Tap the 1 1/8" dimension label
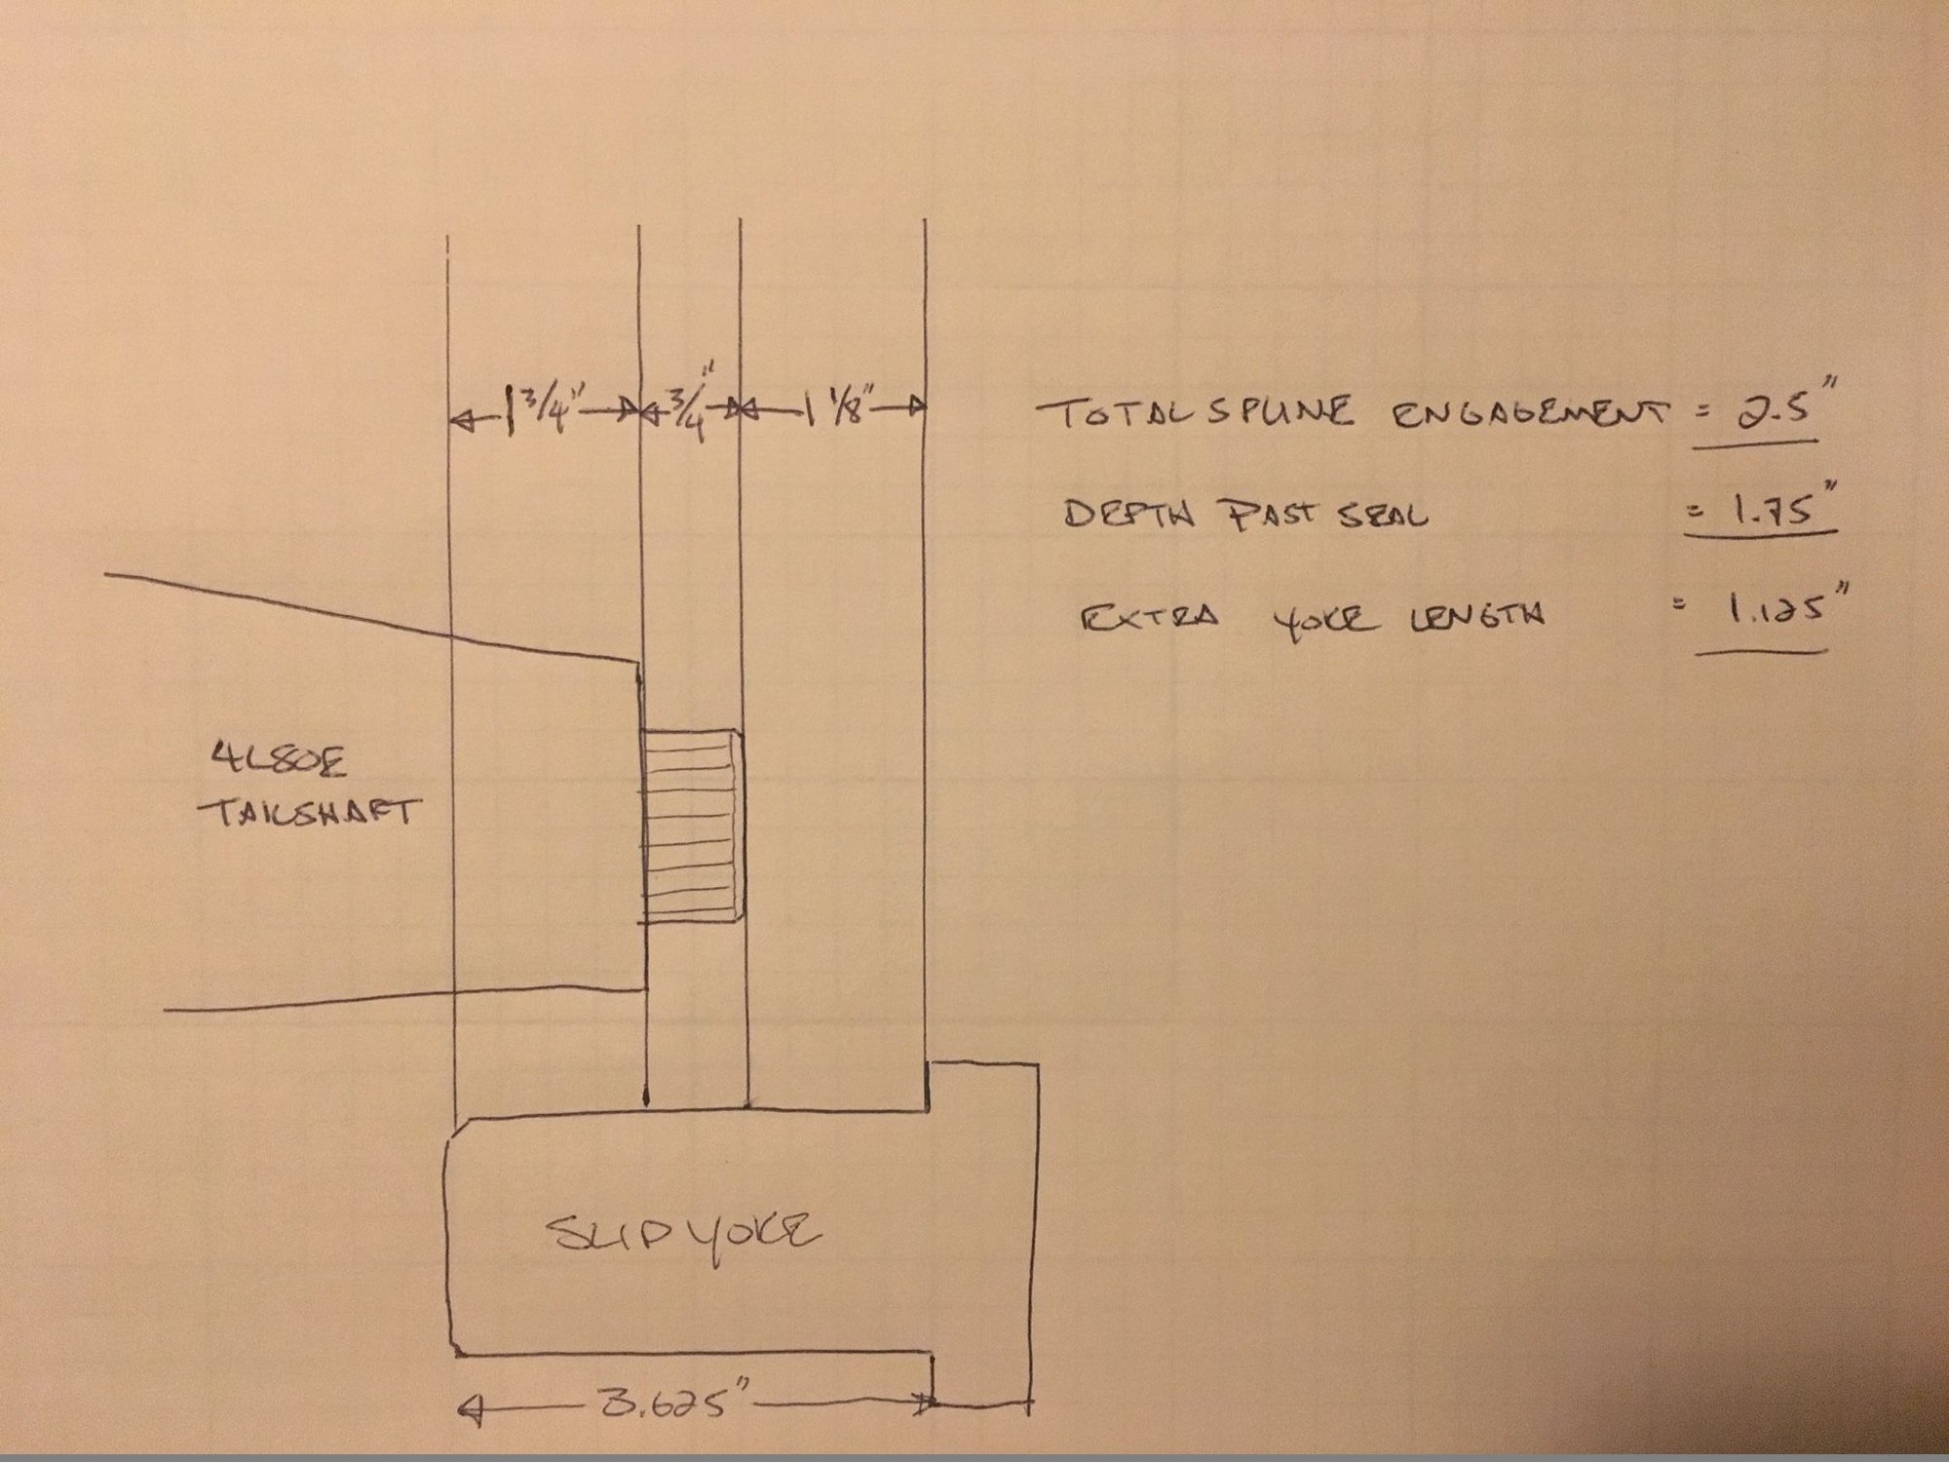[x=836, y=407]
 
